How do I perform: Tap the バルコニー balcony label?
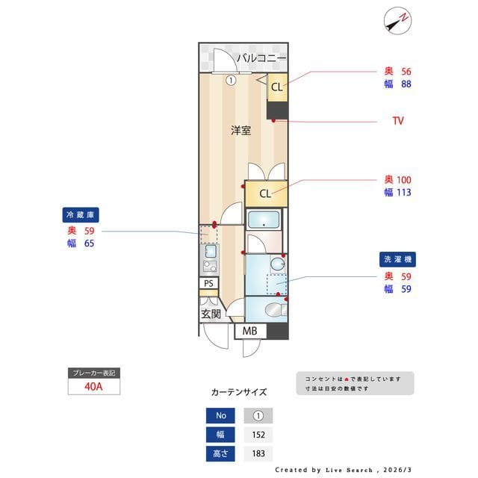(x=261, y=58)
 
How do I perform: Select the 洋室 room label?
(x=240, y=131)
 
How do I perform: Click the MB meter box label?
(x=249, y=331)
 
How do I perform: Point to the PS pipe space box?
(x=209, y=283)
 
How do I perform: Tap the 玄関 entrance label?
(x=211, y=314)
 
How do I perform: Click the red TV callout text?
(x=398, y=120)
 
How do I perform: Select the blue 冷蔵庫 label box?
(x=81, y=215)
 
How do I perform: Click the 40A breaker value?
(x=93, y=387)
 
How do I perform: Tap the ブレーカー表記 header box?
(x=93, y=372)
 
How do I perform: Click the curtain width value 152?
(x=258, y=435)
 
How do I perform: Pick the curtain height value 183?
(x=258, y=453)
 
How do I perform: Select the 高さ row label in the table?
(x=220, y=453)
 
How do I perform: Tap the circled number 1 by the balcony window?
(x=232, y=80)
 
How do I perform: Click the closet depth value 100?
(x=403, y=180)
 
